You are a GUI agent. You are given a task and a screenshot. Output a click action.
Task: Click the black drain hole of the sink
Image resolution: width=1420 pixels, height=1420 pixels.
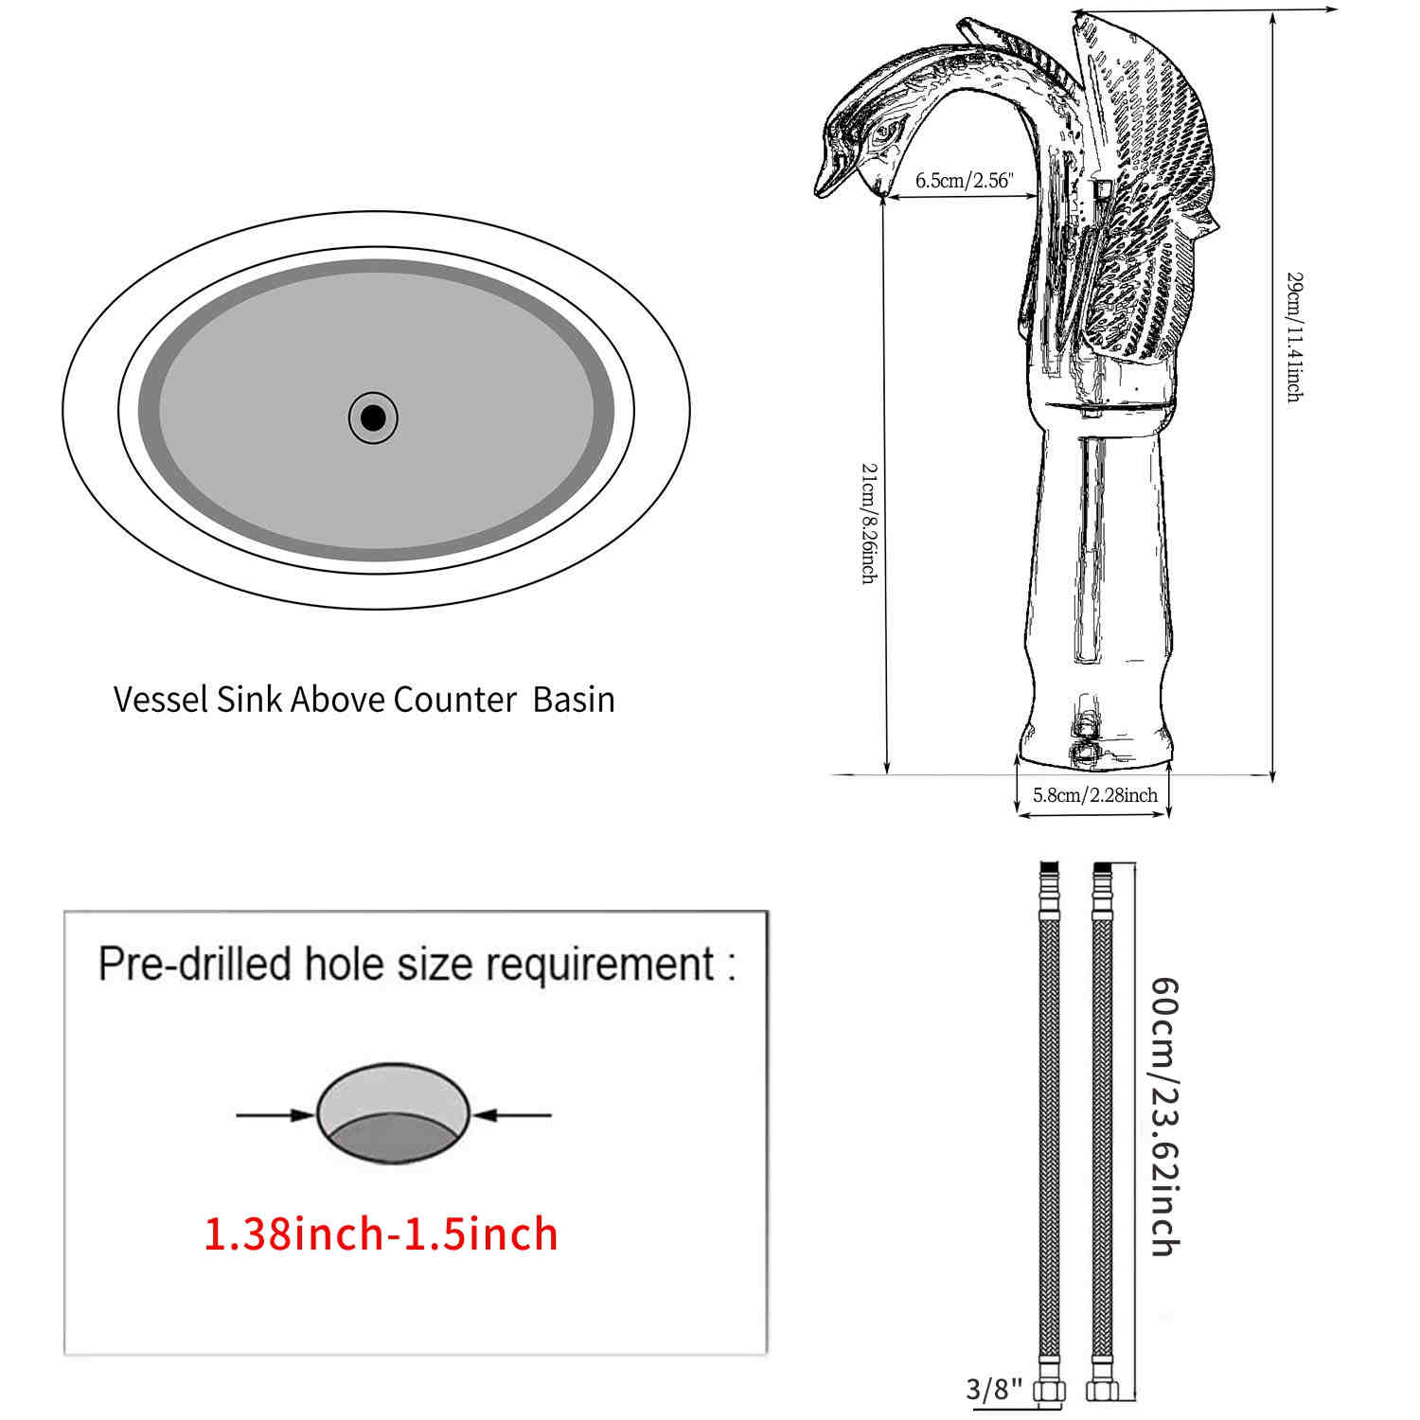(x=373, y=417)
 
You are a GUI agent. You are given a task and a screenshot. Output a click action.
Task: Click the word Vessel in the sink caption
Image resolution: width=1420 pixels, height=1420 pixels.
(x=161, y=700)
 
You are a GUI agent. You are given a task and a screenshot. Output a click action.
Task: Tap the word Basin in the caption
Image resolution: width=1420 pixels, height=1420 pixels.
(x=574, y=700)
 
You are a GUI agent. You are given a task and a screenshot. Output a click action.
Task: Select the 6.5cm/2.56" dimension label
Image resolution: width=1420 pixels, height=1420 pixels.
(x=964, y=180)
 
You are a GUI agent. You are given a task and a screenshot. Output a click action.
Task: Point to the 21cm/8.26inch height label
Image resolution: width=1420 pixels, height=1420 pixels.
(x=867, y=523)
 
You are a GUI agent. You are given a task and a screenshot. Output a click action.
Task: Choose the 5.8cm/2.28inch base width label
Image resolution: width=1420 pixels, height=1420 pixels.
(x=1094, y=795)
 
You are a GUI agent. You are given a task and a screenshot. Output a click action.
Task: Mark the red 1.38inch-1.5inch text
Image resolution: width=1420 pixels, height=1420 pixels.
(x=381, y=1234)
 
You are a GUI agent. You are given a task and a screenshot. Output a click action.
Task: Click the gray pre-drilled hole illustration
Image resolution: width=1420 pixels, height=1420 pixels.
(x=393, y=1114)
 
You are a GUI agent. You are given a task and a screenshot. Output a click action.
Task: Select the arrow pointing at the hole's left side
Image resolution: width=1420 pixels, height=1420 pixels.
(x=275, y=1115)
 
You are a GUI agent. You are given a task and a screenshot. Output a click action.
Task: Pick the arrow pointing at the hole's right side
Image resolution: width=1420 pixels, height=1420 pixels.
(x=512, y=1115)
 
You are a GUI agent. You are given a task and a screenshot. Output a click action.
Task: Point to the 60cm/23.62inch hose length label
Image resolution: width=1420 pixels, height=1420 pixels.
(x=1164, y=1117)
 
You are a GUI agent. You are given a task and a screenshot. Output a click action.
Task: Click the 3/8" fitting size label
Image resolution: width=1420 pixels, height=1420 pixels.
(x=994, y=1389)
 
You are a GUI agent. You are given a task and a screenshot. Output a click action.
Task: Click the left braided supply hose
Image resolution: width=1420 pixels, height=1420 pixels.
(x=1050, y=1117)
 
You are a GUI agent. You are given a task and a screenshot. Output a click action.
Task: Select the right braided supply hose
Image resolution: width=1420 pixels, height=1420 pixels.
(x=1102, y=1117)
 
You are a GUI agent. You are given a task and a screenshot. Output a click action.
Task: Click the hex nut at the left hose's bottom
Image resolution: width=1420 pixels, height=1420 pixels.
(x=1050, y=1391)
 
